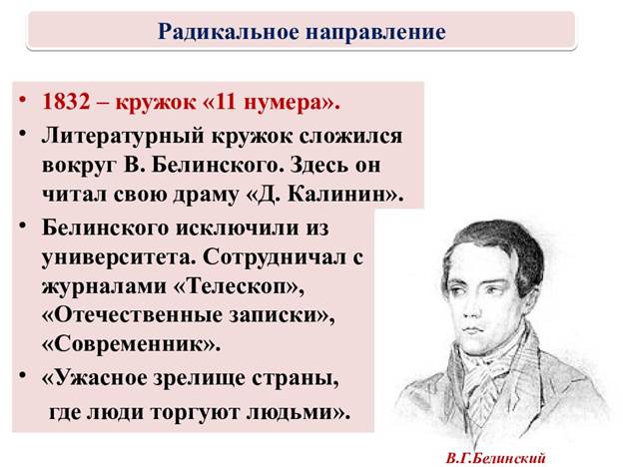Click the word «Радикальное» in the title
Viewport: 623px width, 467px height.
(x=228, y=32)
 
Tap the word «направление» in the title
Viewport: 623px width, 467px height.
(x=375, y=33)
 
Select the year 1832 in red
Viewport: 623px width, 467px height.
(x=66, y=102)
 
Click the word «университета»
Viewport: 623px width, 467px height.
(x=118, y=258)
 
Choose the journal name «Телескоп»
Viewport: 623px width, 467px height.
(x=240, y=286)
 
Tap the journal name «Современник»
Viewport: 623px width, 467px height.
(x=130, y=344)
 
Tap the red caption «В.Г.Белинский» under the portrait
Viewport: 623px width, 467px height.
(x=495, y=459)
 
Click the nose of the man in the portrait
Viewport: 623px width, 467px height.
(x=473, y=312)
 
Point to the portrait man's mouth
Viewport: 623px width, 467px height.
(x=474, y=331)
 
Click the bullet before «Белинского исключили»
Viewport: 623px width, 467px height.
(x=22, y=226)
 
